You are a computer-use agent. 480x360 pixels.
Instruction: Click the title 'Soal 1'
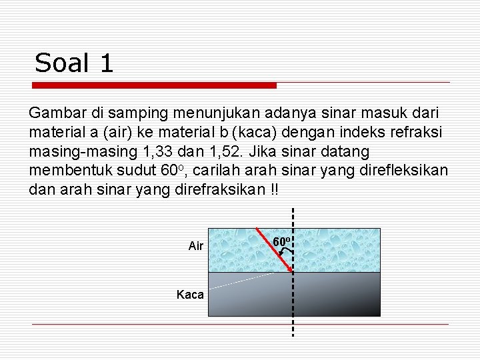tap(74, 63)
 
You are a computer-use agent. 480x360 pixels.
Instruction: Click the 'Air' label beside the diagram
tap(196, 246)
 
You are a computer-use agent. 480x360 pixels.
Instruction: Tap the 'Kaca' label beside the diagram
tap(190, 294)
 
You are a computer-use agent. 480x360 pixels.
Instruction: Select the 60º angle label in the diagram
tap(280, 241)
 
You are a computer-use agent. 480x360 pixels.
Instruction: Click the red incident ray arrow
tap(275, 250)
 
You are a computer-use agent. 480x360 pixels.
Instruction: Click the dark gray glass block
tap(294, 293)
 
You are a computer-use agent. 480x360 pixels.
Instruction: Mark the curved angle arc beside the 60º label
tap(287, 252)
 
